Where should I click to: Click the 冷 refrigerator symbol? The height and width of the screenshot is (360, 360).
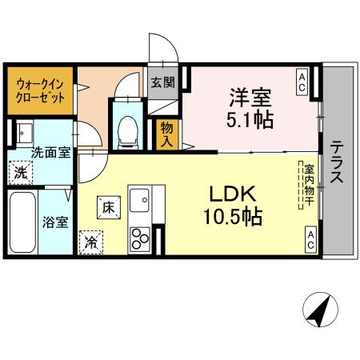91,241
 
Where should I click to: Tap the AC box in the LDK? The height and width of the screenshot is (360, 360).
309,238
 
